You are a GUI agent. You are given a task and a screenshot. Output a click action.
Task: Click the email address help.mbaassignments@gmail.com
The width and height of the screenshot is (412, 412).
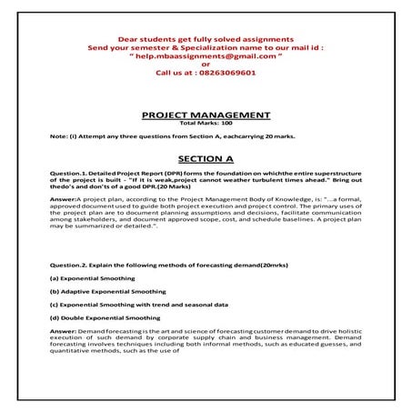(206, 55)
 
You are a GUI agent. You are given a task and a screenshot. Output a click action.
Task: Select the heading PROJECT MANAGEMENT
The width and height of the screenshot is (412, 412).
(206, 116)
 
